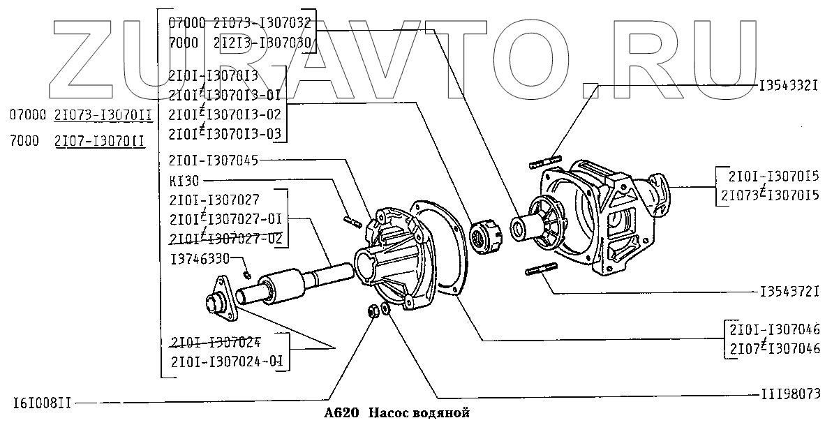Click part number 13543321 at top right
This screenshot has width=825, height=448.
pos(788,85)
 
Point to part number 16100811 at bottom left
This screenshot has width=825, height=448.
pos(42,403)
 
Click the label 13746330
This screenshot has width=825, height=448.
pos(200,258)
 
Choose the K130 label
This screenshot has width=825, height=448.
pos(184,180)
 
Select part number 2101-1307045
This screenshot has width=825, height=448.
pos(213,160)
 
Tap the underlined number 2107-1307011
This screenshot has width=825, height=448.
pos(99,141)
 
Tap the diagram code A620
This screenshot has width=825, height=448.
pos(341,413)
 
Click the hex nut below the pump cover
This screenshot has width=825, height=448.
pos(373,311)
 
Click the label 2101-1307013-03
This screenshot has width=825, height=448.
pos(224,132)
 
